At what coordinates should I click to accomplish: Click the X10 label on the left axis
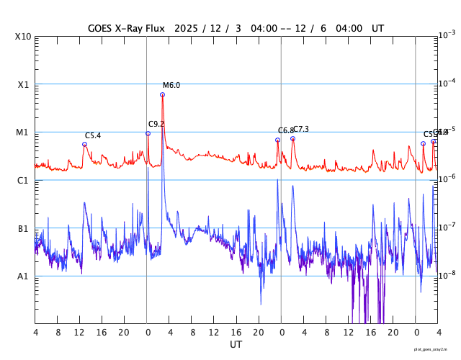point(22,37)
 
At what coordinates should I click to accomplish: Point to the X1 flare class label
point(22,84)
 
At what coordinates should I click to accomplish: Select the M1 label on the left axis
point(22,132)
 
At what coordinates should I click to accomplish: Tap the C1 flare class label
point(22,181)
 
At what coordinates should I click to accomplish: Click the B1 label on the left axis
point(22,229)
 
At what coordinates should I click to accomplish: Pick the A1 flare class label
point(22,276)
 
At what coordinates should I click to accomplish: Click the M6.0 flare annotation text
point(171,86)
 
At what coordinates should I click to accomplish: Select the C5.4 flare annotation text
point(93,135)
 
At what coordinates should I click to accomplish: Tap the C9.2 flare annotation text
point(156,124)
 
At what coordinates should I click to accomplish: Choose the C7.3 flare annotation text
point(300,130)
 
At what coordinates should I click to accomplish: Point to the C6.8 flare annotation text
point(285,131)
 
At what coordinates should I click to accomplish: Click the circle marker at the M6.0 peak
point(163,94)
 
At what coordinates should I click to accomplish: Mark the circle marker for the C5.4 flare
point(84,144)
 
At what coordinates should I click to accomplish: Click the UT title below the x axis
point(236,345)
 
